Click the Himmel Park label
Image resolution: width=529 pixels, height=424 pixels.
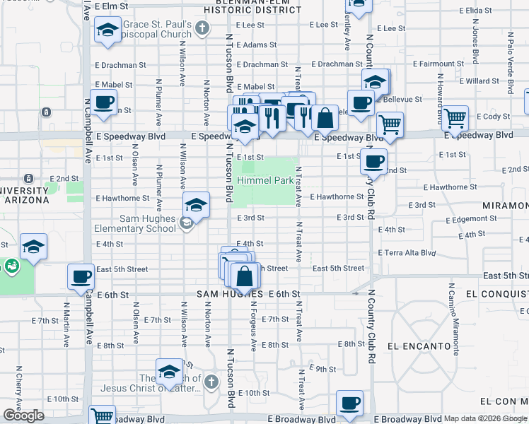pyautogui.click(x=265, y=181)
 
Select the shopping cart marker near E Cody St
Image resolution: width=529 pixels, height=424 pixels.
pyautogui.click(x=454, y=118)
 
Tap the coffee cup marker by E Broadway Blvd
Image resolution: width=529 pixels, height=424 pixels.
pyautogui.click(x=349, y=404)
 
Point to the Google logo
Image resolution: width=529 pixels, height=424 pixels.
pyautogui.click(x=23, y=416)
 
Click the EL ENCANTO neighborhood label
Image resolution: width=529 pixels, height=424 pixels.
pyautogui.click(x=419, y=346)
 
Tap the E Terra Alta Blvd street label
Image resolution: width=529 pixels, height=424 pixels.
pyautogui.click(x=407, y=252)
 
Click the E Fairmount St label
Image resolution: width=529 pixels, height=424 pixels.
pyautogui.click(x=438, y=64)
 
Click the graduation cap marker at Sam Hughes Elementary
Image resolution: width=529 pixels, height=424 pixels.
pyautogui.click(x=196, y=205)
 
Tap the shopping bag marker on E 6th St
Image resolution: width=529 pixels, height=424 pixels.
pyautogui.click(x=245, y=276)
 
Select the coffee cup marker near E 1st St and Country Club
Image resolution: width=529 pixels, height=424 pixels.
pyautogui.click(x=373, y=161)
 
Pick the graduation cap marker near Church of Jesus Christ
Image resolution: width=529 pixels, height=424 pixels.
pyautogui.click(x=169, y=372)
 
